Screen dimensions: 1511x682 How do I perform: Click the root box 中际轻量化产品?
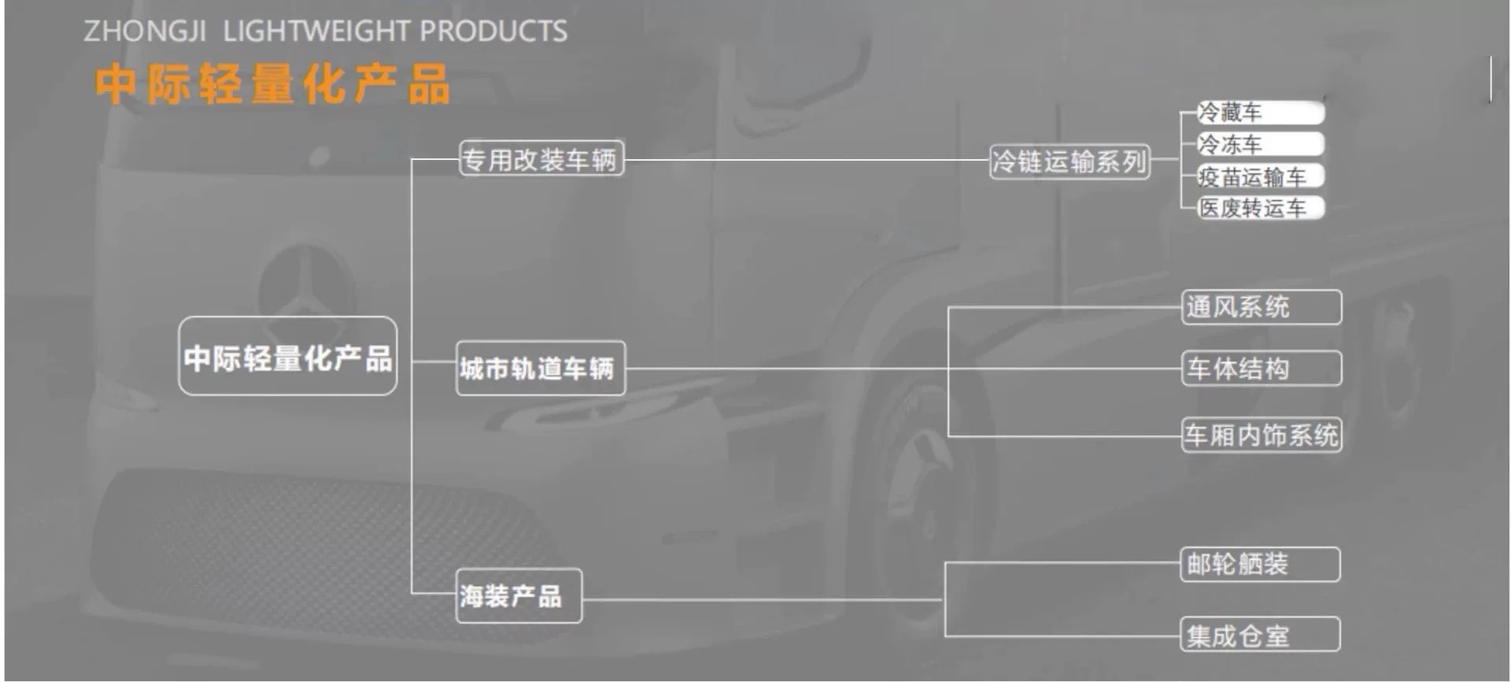288,357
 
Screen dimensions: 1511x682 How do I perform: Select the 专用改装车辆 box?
541,158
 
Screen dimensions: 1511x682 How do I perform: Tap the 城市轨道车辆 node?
541,368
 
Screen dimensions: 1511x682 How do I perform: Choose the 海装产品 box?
519,596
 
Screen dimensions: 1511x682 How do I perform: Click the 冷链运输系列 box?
1070,161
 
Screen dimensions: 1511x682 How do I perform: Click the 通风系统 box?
1262,306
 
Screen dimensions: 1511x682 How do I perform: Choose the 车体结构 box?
1262,368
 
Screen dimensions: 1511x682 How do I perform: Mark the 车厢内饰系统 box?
1262,435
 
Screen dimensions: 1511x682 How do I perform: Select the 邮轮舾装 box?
1260,564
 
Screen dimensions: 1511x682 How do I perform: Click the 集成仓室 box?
1260,634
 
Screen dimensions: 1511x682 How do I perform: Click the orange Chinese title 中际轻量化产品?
272,84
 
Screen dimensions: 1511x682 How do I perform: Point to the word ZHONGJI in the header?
145,32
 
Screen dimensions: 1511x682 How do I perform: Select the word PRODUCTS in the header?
493,32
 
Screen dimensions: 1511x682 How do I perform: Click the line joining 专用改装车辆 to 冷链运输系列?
807,160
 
